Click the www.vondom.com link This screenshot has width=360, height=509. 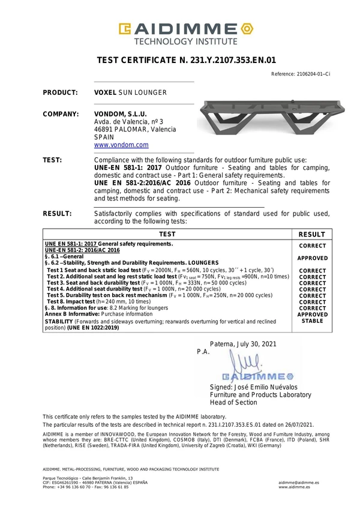(121, 145)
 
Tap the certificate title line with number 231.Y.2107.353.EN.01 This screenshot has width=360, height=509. (186, 60)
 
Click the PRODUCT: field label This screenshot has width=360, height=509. (61, 93)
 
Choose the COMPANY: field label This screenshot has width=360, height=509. (61, 114)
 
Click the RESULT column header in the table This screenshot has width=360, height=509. (312, 235)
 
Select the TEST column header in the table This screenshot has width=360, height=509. (167, 235)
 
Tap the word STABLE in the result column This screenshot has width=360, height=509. (312, 321)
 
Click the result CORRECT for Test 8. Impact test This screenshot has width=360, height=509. (312, 302)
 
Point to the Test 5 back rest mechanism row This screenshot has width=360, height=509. (159, 295)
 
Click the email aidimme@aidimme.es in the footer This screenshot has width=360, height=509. (299, 483)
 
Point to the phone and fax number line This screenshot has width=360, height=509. (86, 487)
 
